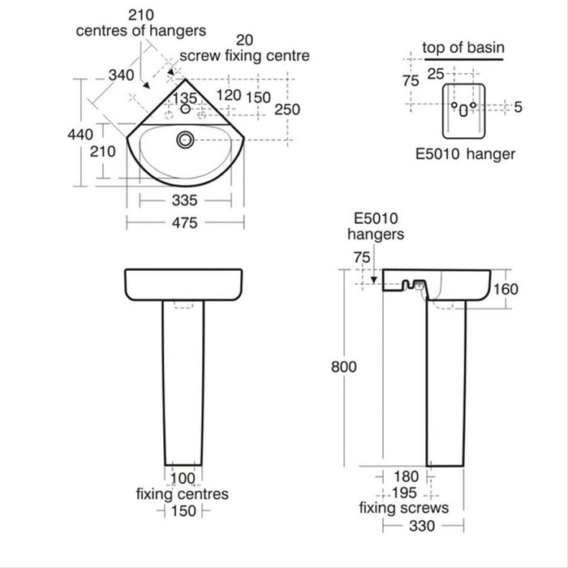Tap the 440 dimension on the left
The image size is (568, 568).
point(80,135)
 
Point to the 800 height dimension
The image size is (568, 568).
point(344,366)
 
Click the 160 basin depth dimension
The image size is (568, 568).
point(527,290)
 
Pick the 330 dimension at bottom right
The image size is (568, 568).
point(422,527)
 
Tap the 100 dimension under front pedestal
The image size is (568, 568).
point(185,478)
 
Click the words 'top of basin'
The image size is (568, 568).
point(463,48)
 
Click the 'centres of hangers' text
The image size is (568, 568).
point(141,31)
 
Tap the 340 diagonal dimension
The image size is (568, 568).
point(121,75)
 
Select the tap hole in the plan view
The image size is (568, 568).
point(185,110)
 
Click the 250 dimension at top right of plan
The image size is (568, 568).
point(286,110)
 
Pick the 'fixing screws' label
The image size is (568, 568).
point(404,509)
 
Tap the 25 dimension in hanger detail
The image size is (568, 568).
point(436,74)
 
